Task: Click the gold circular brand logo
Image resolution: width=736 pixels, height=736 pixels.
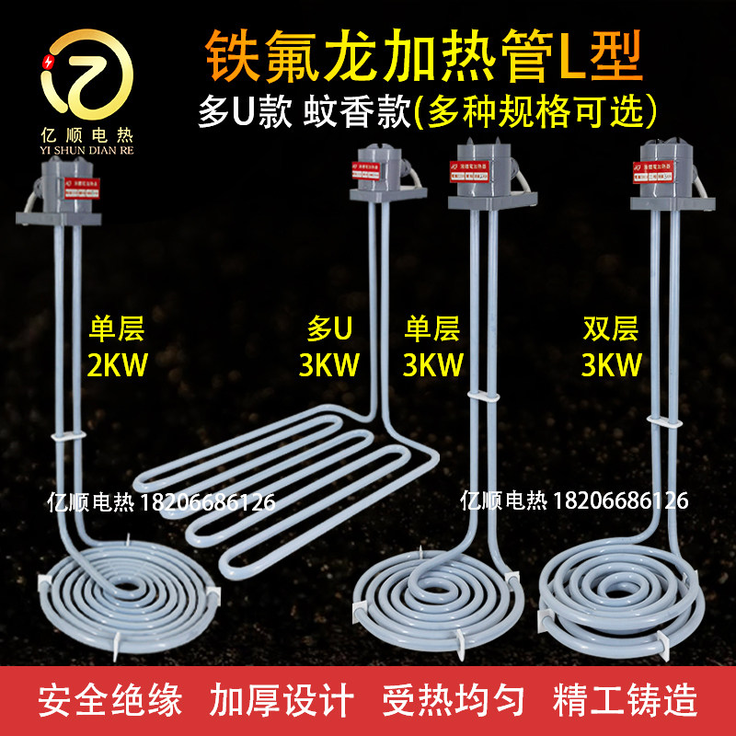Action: [87, 74]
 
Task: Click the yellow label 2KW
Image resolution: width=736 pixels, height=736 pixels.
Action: [117, 366]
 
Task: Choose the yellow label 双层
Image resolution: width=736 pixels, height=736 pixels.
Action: [611, 328]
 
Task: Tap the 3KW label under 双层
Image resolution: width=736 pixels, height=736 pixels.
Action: [611, 365]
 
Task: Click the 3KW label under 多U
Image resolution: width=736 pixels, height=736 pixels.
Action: [328, 365]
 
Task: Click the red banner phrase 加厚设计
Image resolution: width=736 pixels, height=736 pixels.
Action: [282, 701]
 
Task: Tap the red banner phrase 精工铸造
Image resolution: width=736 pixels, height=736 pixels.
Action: [626, 701]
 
